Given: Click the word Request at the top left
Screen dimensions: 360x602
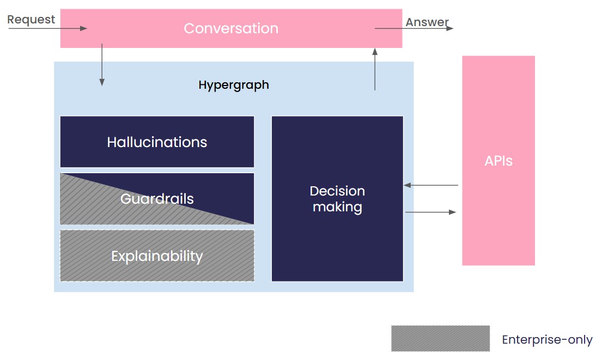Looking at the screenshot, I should tap(31, 20).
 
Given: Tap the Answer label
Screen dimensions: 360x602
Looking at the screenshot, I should tap(427, 22).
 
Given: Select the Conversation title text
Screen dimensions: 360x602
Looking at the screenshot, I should tap(231, 28).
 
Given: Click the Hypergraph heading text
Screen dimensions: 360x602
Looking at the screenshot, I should tap(234, 85).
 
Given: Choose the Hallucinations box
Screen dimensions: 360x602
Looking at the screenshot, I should tap(157, 142).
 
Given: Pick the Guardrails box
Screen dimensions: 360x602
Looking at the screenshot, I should tap(157, 199).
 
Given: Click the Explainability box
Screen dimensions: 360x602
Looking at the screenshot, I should tap(157, 256).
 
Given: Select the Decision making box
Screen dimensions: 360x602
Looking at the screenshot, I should tap(337, 199).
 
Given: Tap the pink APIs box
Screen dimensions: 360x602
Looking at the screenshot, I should tap(498, 161).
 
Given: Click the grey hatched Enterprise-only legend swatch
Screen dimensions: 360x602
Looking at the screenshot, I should tap(440, 338).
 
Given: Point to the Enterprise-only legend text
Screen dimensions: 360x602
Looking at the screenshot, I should tap(547, 340).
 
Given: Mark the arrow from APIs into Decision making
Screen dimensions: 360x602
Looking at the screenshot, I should tap(431, 185).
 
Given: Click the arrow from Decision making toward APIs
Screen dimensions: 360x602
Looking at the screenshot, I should tap(431, 212).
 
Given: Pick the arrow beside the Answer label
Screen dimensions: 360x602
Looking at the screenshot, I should tap(414, 28).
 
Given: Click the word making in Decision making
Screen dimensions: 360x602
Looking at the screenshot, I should tap(337, 207).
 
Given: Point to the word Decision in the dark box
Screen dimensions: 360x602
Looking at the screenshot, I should tap(337, 191).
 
